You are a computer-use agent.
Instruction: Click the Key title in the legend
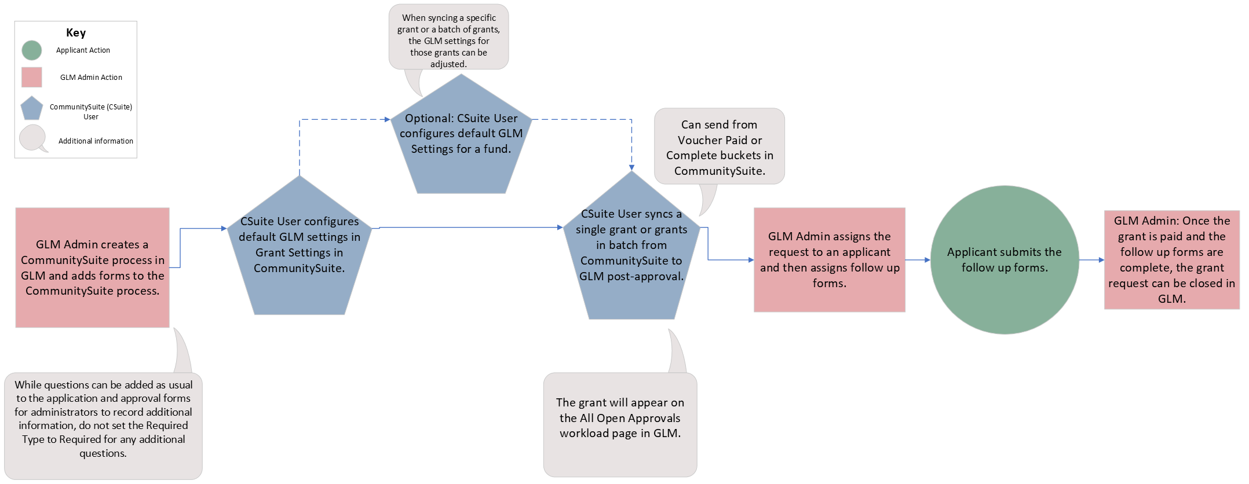[x=76, y=33]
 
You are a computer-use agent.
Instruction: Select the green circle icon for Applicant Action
[x=32, y=50]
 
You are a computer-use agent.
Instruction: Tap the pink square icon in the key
[x=32, y=77]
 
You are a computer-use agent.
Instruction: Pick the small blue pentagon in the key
[x=32, y=109]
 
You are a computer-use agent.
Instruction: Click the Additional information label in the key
[x=96, y=141]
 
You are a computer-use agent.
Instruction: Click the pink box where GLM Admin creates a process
[x=93, y=267]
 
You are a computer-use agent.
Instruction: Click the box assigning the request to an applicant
[x=829, y=260]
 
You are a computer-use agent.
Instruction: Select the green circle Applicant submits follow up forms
[x=1005, y=260]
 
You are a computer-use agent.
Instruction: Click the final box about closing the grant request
[x=1171, y=260]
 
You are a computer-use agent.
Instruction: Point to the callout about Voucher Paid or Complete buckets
[x=720, y=147]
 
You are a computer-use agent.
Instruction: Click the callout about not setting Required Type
[x=103, y=419]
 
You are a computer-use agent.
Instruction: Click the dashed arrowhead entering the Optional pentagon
[x=387, y=120]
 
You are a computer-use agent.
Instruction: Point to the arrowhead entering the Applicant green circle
[x=927, y=260]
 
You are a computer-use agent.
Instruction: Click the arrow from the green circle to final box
[x=1091, y=260]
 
